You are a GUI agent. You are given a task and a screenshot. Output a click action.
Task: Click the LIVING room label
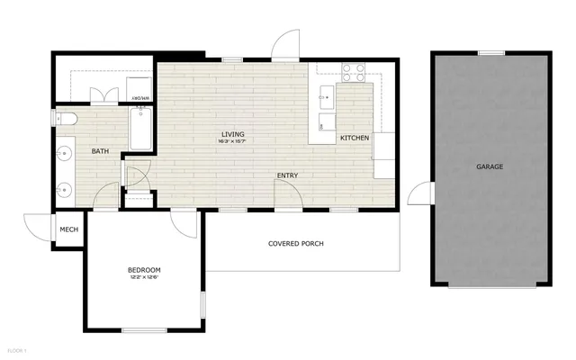point(232,135)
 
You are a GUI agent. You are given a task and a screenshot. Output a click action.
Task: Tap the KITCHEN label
point(354,138)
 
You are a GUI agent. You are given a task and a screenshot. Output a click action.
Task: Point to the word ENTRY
point(288,175)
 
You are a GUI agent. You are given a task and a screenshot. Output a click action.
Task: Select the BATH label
point(101,151)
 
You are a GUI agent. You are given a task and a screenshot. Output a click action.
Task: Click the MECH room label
point(69,229)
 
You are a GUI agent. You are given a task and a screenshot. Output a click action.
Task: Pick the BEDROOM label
point(144,270)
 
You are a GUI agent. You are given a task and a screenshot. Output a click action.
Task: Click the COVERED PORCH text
point(296,244)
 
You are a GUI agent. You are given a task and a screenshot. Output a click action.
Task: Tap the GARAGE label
point(490,167)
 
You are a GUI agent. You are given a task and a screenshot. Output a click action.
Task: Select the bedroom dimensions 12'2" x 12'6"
point(144,277)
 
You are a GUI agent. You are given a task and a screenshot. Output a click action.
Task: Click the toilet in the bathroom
point(67,118)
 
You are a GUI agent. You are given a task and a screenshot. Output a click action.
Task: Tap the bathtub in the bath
point(142,128)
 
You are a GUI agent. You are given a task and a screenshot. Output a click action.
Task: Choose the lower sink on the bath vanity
point(65,190)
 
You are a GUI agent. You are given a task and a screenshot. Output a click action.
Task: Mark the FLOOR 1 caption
point(18,349)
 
